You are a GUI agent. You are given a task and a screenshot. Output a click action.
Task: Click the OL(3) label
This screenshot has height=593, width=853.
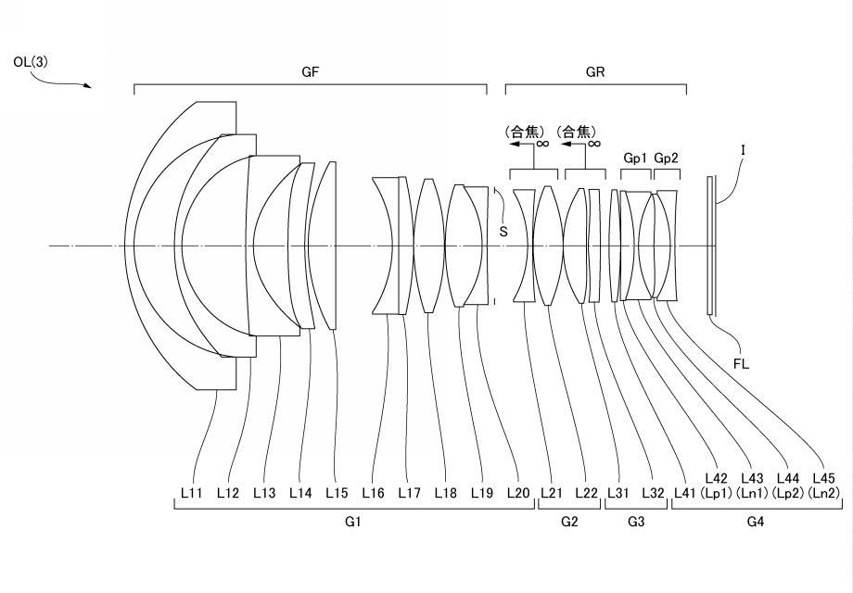31,62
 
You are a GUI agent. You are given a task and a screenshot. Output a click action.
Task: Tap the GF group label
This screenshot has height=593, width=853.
310,72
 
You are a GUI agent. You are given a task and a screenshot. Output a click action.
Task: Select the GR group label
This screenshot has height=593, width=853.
595,72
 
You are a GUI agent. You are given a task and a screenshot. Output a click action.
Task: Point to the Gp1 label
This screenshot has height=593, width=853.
635,158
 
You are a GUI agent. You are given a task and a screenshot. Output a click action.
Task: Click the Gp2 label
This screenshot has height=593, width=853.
667,158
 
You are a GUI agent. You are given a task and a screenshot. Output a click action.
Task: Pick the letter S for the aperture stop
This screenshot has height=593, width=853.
503,232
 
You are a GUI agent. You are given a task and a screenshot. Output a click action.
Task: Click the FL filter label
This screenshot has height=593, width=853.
741,364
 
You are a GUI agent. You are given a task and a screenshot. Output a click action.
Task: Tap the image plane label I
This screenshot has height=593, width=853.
743,149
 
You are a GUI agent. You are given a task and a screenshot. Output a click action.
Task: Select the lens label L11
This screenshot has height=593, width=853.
192,493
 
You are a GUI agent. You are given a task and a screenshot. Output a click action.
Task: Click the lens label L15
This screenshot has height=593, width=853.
337,493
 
